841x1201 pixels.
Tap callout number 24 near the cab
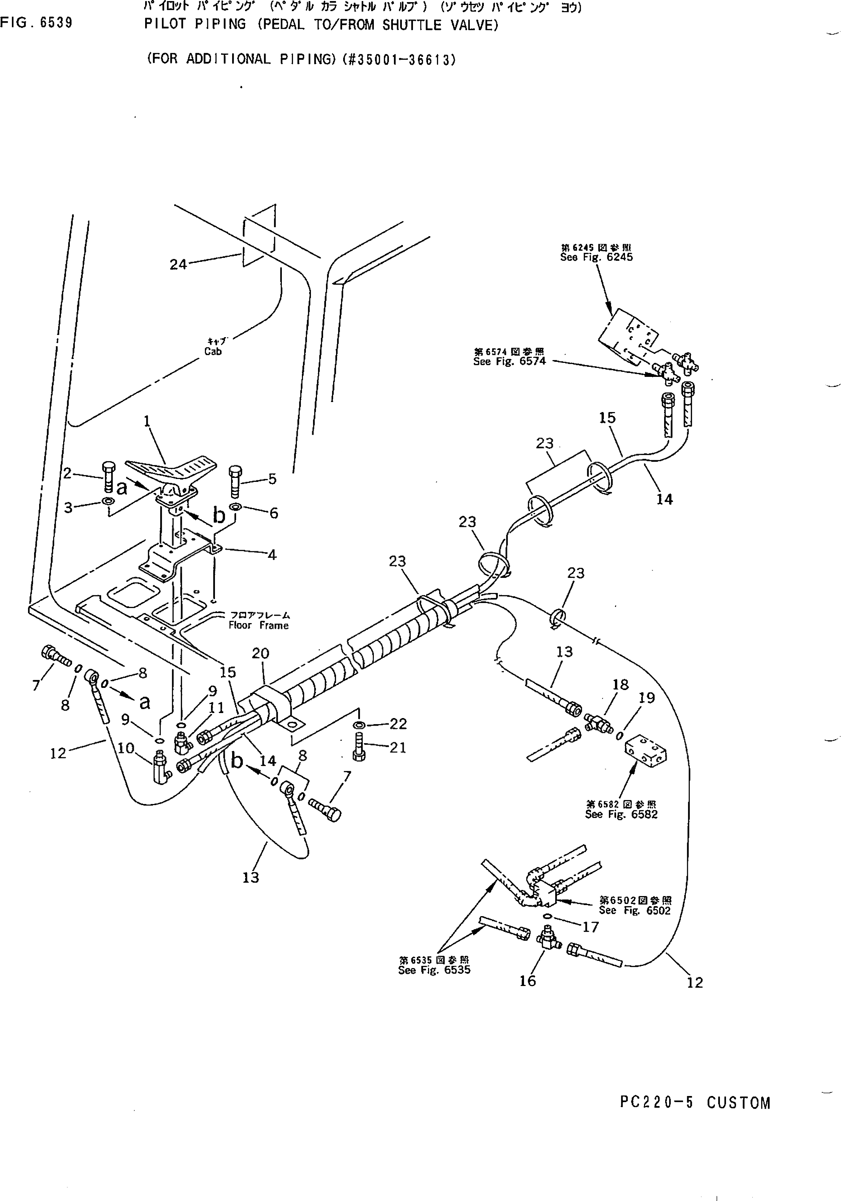pyautogui.click(x=178, y=265)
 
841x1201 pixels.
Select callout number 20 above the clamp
pyautogui.click(x=260, y=653)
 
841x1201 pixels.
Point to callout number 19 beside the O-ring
pyautogui.click(x=647, y=698)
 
